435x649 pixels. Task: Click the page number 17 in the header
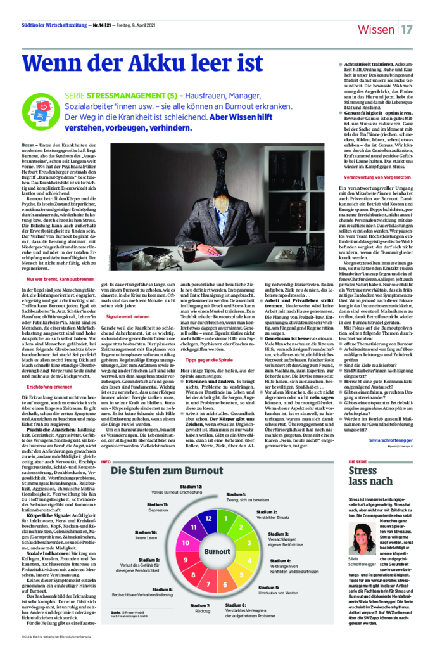click(x=407, y=30)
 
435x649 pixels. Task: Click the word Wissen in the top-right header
click(x=376, y=30)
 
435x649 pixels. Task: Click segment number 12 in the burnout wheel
click(x=208, y=518)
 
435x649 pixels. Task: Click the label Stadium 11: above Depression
click(x=158, y=504)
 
